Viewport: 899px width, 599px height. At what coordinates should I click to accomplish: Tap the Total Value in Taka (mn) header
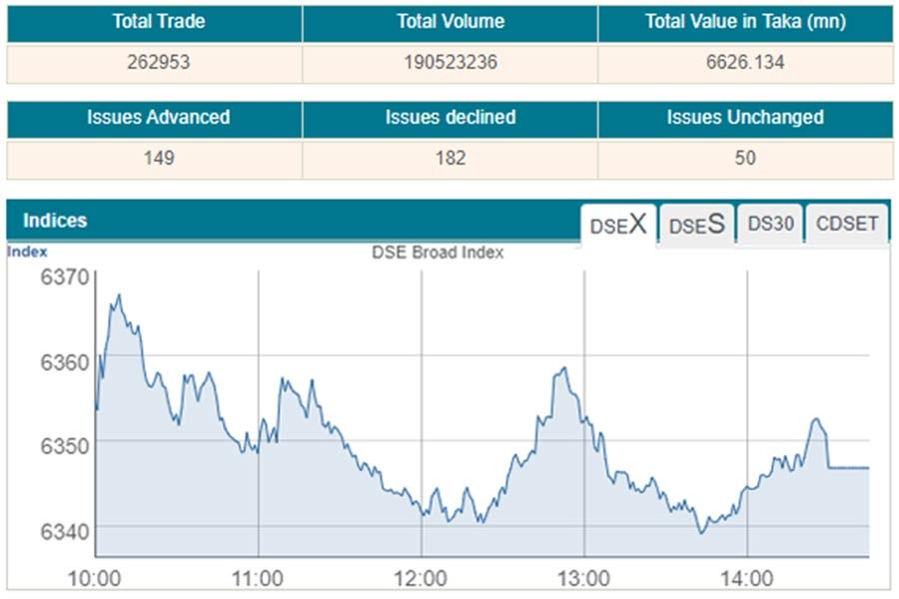tap(745, 21)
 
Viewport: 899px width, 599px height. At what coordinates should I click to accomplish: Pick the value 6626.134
tap(745, 62)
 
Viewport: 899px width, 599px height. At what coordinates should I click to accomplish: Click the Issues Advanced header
tap(158, 117)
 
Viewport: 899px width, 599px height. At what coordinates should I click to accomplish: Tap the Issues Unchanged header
tap(745, 117)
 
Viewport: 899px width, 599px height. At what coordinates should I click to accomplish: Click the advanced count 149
tap(158, 158)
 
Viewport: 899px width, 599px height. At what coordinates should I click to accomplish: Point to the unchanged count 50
tap(745, 158)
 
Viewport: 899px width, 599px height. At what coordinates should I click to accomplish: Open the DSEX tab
tap(618, 225)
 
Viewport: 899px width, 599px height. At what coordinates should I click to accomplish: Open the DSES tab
tap(696, 225)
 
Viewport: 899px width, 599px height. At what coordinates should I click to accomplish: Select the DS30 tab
tap(770, 224)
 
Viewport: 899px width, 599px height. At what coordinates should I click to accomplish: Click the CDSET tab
tap(847, 224)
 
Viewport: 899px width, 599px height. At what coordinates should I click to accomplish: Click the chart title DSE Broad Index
tap(438, 253)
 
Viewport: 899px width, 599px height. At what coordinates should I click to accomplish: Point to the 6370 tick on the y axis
tap(65, 278)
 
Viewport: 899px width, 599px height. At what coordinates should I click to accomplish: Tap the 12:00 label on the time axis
tap(421, 578)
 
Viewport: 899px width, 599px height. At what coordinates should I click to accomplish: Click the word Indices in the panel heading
tap(55, 220)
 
